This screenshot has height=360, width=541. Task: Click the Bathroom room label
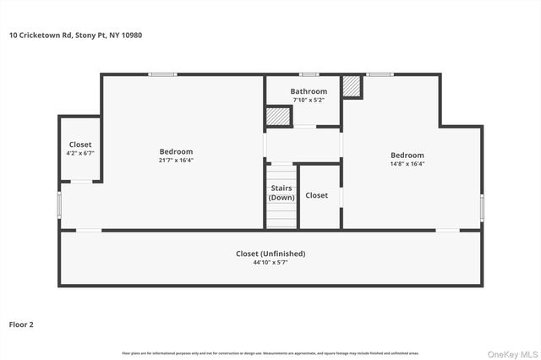(x=309, y=91)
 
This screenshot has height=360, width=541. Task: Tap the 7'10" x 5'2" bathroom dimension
(x=309, y=100)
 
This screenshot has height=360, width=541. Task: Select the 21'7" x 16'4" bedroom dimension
(x=176, y=161)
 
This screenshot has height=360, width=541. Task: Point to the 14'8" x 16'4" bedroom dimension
(x=407, y=164)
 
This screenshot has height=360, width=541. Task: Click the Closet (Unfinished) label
(x=270, y=254)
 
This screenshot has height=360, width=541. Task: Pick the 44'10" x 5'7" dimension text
(x=270, y=263)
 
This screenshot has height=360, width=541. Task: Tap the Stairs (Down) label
(x=281, y=193)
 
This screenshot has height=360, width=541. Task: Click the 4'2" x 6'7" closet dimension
(x=80, y=154)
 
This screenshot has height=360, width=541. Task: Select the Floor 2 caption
(x=21, y=324)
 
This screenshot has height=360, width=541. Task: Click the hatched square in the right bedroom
(x=352, y=87)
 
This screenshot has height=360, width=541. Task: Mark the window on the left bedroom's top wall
(x=162, y=74)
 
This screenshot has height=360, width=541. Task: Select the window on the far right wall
(x=482, y=207)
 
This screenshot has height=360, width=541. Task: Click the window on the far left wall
(x=59, y=205)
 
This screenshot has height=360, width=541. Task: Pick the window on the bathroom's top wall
(x=309, y=74)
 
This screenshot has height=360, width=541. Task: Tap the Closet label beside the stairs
(x=317, y=195)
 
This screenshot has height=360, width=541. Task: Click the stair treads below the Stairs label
(x=281, y=215)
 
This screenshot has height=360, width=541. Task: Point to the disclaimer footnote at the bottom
(x=270, y=352)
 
